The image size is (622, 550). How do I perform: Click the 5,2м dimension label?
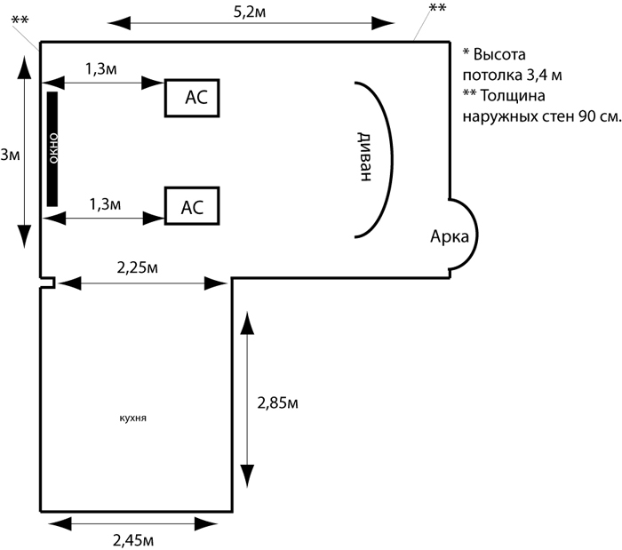(x=250, y=12)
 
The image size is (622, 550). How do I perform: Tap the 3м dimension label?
(x=10, y=155)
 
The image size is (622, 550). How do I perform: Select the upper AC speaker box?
(x=192, y=98)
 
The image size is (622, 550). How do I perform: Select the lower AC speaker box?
(x=192, y=206)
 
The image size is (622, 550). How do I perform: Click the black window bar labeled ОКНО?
(x=52, y=149)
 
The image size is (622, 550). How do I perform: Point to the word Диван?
(x=365, y=156)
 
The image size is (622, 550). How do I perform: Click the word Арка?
(x=450, y=236)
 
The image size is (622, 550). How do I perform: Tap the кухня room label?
(x=133, y=418)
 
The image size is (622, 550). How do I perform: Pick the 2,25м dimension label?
(x=137, y=267)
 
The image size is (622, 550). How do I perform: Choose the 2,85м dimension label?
(x=277, y=403)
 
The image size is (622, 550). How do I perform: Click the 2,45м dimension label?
(x=133, y=540)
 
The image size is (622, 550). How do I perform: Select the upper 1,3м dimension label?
(x=101, y=69)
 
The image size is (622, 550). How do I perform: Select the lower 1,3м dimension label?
(x=105, y=204)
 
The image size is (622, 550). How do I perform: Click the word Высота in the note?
(x=499, y=54)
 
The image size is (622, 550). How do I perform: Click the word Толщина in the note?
(x=513, y=96)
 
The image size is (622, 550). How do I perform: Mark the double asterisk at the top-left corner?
(x=20, y=20)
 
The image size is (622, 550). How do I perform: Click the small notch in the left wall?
(x=48, y=283)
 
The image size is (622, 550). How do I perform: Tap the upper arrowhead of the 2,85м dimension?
(x=248, y=323)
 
